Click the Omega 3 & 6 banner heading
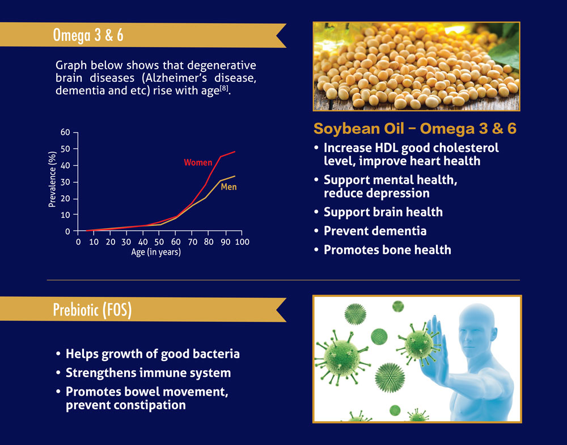click(88, 35)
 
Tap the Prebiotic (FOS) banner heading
click(92, 309)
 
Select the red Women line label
click(198, 162)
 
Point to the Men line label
click(229, 187)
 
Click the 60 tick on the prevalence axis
click(65, 132)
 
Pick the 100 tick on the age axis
click(242, 242)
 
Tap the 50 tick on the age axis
click(159, 242)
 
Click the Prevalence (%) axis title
click(52, 179)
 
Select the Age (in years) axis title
click(156, 252)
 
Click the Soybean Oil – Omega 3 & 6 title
click(415, 129)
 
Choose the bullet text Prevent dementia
click(375, 231)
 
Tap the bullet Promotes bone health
click(387, 250)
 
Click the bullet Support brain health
click(383, 212)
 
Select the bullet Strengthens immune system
click(148, 373)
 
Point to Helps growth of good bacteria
click(153, 354)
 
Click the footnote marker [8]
click(224, 89)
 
